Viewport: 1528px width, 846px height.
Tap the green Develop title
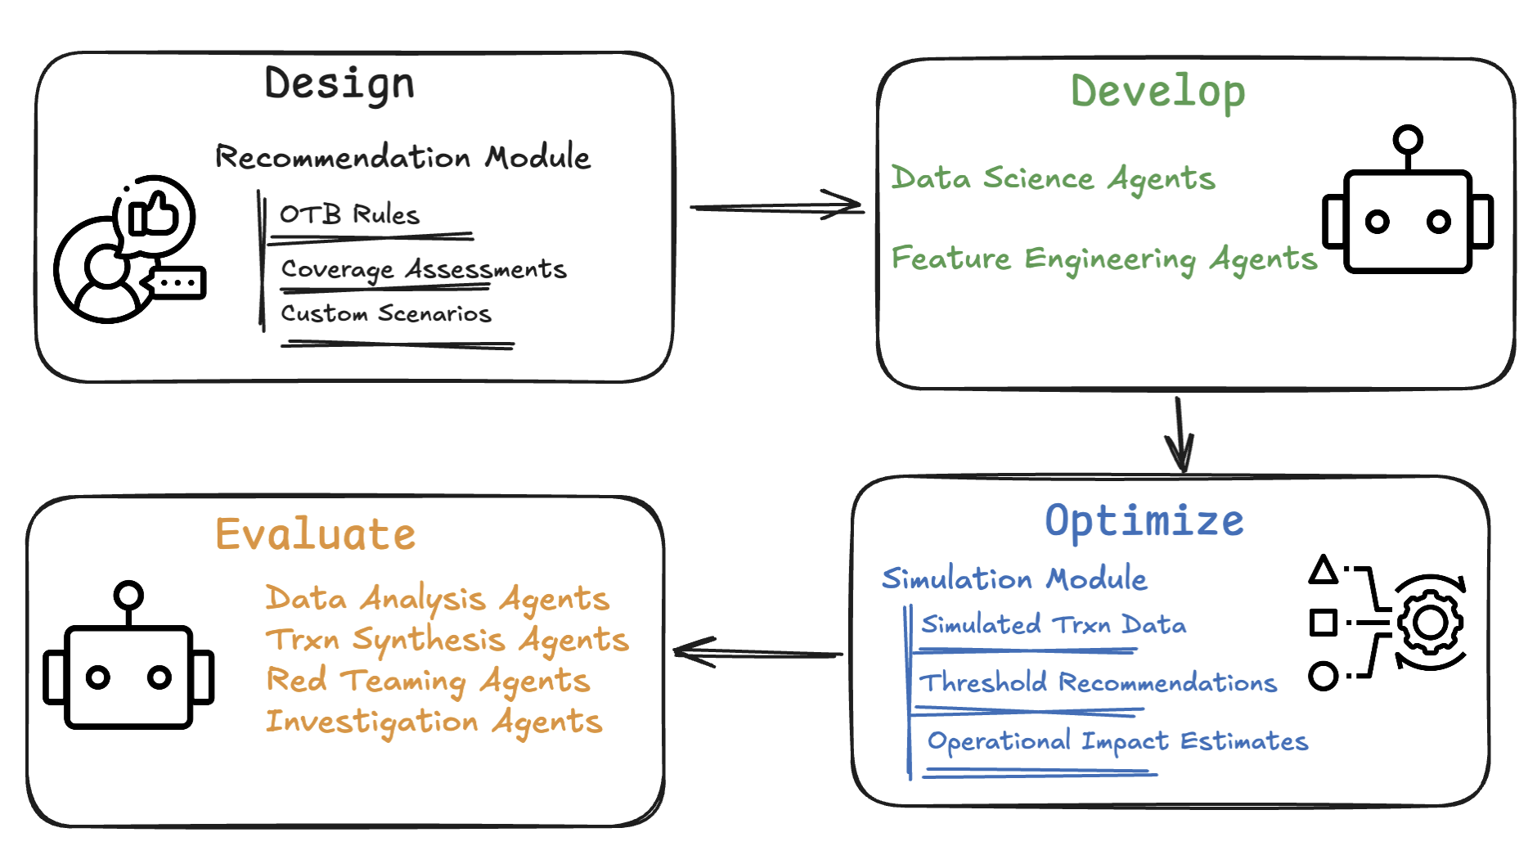(x=1158, y=92)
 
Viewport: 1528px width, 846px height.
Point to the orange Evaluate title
(x=316, y=534)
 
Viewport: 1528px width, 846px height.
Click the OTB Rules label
(x=349, y=214)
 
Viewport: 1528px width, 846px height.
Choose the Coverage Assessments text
(x=424, y=269)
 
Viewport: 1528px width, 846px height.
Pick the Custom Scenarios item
(x=386, y=313)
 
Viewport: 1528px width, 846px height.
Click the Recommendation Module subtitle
(x=402, y=156)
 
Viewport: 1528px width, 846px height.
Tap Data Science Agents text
(x=1054, y=178)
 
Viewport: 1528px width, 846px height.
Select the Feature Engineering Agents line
(x=1104, y=259)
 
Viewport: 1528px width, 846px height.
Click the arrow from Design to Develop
(x=776, y=206)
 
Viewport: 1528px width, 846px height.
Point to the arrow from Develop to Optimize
(x=1180, y=434)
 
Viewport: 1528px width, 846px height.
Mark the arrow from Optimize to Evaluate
(x=757, y=653)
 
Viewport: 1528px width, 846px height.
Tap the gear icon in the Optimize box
(x=1431, y=623)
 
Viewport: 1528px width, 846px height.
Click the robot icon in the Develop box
(x=1408, y=200)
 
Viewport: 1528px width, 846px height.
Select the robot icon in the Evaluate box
(x=128, y=655)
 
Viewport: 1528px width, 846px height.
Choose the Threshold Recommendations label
(x=1098, y=682)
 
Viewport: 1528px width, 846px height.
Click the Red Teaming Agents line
(x=428, y=681)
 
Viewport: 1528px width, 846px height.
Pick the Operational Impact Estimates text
(x=1117, y=741)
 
